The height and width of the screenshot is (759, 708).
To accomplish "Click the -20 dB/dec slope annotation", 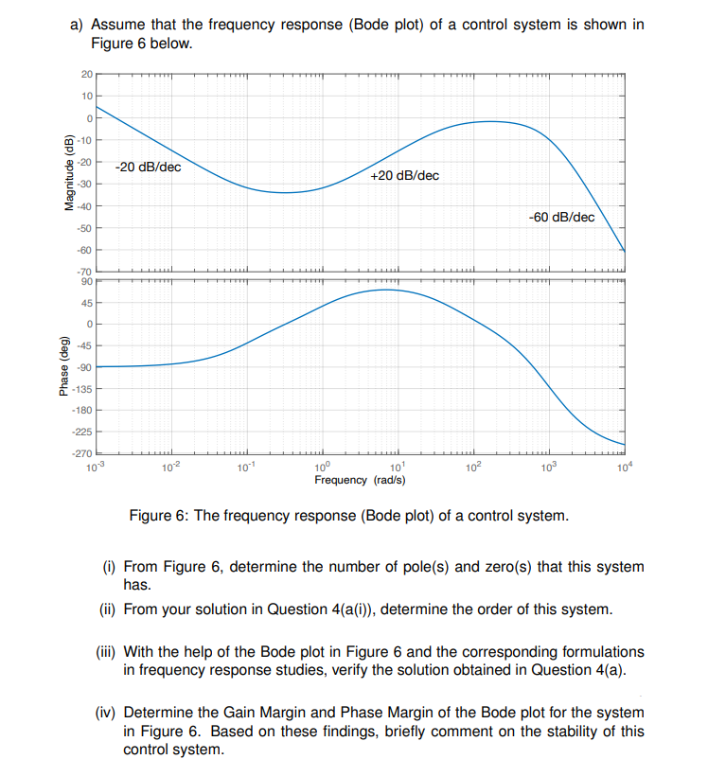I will click(x=148, y=167).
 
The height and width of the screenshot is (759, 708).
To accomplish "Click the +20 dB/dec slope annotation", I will click(x=404, y=176).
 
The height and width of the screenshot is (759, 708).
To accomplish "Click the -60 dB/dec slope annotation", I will click(x=562, y=217).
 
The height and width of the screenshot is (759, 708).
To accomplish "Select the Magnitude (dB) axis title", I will click(x=68, y=173).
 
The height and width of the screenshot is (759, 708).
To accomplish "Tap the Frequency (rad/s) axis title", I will click(x=360, y=480).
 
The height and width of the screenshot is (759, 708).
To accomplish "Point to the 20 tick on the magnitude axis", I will click(x=86, y=75).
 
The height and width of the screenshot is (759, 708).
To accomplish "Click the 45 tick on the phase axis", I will click(x=86, y=303).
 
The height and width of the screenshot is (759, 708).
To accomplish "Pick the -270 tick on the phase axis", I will click(x=82, y=454).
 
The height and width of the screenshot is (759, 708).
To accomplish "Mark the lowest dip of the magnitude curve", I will click(x=284, y=192).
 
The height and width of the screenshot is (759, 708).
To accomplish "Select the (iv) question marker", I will click(x=109, y=712).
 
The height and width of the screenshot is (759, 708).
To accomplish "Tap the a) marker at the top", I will click(x=79, y=24).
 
